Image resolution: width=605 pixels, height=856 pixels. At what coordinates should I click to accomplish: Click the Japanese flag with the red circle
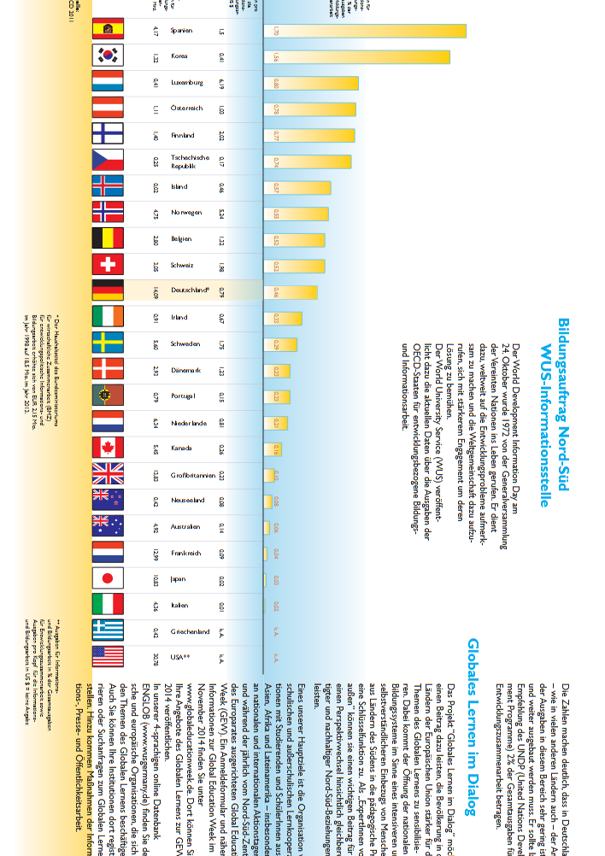pyautogui.click(x=108, y=578)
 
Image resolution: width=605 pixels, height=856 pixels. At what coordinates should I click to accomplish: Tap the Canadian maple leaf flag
pyautogui.click(x=108, y=448)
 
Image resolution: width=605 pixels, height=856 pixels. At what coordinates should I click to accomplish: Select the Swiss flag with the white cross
pyautogui.click(x=108, y=265)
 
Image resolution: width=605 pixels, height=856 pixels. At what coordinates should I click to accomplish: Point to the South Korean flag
pyautogui.click(x=108, y=56)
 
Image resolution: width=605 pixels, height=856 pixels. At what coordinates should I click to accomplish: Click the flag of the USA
pyautogui.click(x=108, y=657)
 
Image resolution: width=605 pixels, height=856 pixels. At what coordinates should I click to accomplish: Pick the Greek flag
pyautogui.click(x=108, y=631)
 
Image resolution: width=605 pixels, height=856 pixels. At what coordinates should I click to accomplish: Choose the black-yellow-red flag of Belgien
pyautogui.click(x=108, y=238)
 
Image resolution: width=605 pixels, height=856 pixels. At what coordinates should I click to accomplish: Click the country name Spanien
pyautogui.click(x=181, y=31)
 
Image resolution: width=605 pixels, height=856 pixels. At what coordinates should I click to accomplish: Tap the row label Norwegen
pyautogui.click(x=186, y=213)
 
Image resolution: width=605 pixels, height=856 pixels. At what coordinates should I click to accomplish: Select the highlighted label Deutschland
pyautogui.click(x=190, y=290)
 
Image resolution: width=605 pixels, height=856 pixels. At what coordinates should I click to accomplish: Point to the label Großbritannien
pyautogui.click(x=191, y=474)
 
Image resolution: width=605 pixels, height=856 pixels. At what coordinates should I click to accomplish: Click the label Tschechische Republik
pyautogui.click(x=189, y=161)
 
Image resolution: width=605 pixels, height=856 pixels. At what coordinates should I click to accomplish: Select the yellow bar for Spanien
pyautogui.click(x=367, y=31)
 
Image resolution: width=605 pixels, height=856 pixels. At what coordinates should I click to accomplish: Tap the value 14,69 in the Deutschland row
pyautogui.click(x=155, y=290)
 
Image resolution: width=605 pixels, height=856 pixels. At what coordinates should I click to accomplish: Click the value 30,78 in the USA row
pyautogui.click(x=155, y=657)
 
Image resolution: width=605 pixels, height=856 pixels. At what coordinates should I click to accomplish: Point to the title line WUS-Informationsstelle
pyautogui.click(x=544, y=425)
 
